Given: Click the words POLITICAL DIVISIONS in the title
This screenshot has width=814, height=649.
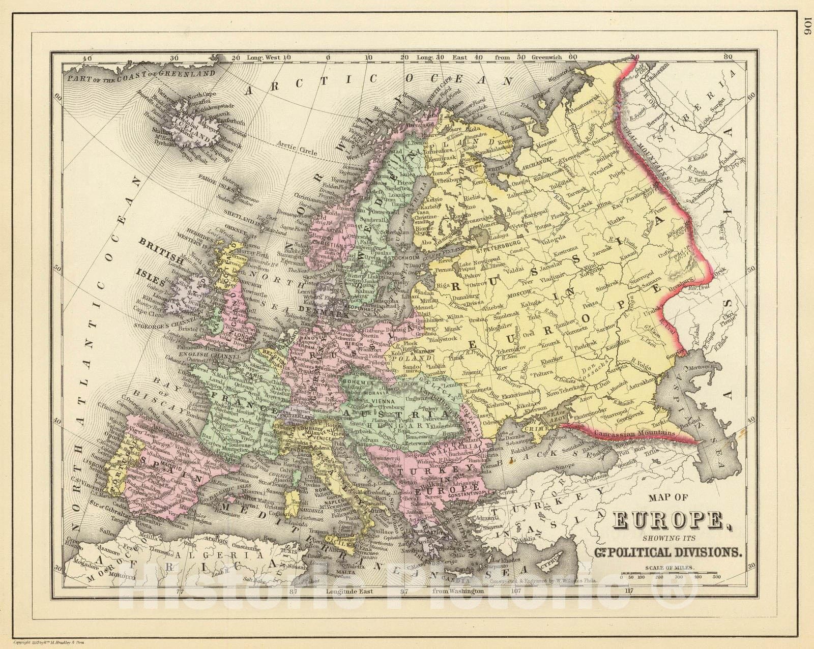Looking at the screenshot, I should [672, 550].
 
